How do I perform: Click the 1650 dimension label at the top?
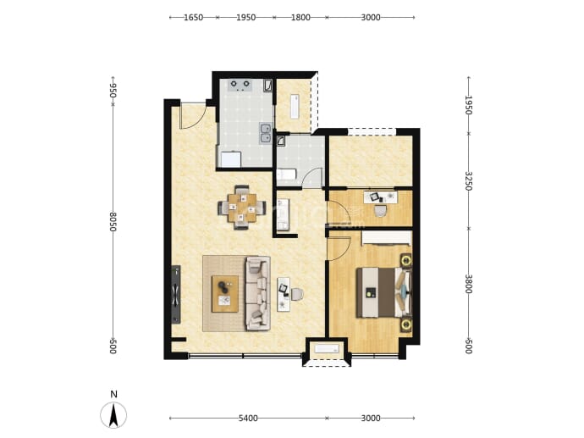click(193, 18)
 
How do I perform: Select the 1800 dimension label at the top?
click(300, 18)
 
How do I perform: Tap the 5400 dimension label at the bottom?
click(248, 419)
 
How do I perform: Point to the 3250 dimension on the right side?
click(469, 181)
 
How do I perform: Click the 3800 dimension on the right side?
click(469, 284)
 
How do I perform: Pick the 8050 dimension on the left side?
click(113, 222)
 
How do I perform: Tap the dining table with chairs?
click(242, 208)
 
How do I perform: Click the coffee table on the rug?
click(225, 294)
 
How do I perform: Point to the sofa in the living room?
click(257, 293)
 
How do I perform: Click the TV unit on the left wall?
click(176, 295)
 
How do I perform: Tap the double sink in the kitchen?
click(266, 133)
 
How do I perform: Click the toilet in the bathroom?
click(286, 175)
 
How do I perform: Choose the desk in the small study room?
click(381, 197)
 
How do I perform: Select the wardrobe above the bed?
click(387, 238)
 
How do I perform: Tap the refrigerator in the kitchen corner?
click(231, 159)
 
